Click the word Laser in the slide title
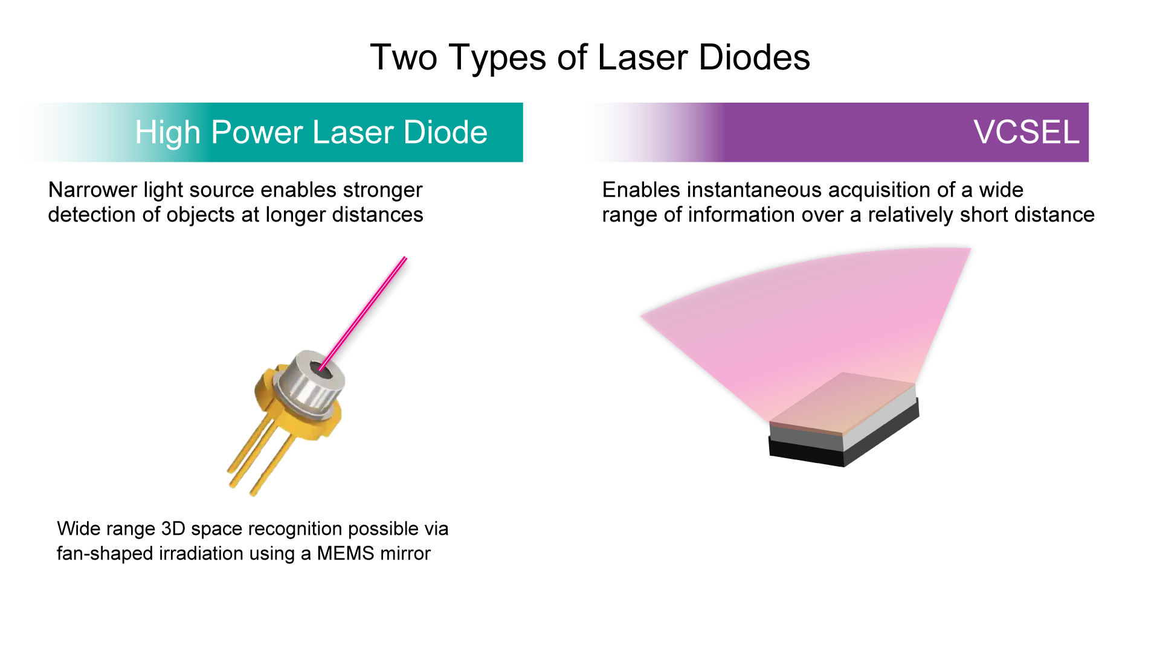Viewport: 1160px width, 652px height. pos(643,57)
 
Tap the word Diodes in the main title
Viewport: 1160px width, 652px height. pos(754,57)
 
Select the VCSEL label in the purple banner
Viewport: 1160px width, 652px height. pos(1026,132)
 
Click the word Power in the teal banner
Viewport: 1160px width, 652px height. pos(256,132)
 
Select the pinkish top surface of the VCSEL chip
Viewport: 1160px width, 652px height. pos(843,402)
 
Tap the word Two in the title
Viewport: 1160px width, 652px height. pos(404,57)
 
